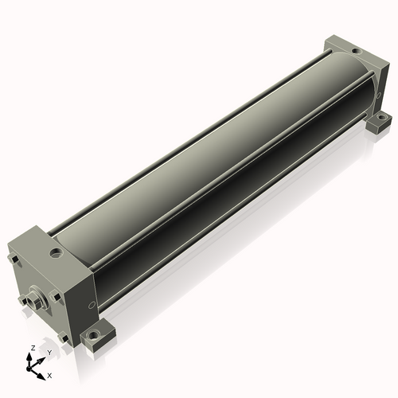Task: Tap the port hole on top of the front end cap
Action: [x=57, y=252]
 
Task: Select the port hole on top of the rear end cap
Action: [x=356, y=51]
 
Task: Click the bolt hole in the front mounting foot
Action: [x=93, y=335]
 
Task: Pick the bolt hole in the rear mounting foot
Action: [x=381, y=116]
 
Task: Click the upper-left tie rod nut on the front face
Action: [x=14, y=259]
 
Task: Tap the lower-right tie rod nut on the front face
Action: [x=64, y=338]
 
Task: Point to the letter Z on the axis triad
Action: [x=33, y=348]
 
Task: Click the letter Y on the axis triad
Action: [x=49, y=353]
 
